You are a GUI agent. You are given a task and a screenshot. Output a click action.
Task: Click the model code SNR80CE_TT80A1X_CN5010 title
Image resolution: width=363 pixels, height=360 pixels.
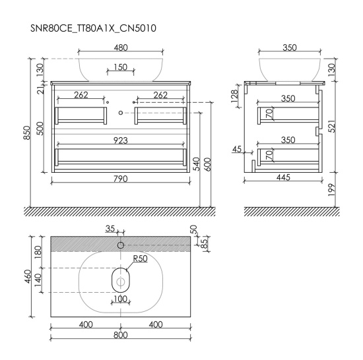tap(93, 28)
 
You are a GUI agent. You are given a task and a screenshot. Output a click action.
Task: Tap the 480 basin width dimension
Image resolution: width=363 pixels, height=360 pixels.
tap(121, 47)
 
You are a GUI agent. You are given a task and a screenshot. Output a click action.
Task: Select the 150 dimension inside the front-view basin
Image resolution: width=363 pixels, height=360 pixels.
tap(121, 67)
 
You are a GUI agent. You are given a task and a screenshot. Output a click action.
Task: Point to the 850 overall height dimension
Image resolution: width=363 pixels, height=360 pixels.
tap(27, 133)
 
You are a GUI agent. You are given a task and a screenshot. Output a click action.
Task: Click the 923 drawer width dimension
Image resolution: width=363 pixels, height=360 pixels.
tap(121, 140)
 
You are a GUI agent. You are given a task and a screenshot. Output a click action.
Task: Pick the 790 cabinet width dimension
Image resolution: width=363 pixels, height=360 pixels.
tap(121, 179)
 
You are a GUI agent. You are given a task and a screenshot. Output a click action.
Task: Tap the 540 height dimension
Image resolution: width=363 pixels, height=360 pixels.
tap(197, 164)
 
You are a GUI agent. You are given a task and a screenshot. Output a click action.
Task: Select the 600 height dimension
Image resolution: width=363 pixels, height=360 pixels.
tap(208, 164)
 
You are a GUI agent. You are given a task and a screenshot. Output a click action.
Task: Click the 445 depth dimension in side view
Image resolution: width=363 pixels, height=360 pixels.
tap(283, 177)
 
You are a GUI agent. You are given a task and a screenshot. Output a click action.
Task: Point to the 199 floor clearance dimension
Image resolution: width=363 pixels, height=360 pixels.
tap(331, 190)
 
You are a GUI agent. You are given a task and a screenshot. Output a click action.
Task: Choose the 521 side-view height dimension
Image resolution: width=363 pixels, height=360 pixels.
tap(331, 126)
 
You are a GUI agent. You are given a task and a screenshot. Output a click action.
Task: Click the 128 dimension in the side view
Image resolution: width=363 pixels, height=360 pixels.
tap(234, 96)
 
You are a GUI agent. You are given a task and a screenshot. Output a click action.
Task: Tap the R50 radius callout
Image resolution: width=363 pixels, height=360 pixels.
tap(141, 258)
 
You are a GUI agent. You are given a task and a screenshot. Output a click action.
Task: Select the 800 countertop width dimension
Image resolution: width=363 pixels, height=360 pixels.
tap(121, 335)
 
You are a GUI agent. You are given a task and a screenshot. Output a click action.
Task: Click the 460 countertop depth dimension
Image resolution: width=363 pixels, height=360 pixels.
tap(28, 276)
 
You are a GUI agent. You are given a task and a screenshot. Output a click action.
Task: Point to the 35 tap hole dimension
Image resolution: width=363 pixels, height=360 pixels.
tap(110, 229)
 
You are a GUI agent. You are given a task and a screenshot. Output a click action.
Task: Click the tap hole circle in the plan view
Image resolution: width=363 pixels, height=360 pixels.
tap(121, 245)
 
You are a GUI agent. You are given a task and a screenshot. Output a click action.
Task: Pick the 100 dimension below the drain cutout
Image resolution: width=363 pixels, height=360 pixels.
tap(121, 299)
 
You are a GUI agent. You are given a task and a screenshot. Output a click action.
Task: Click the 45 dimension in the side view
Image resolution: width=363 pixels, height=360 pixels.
tap(237, 150)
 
